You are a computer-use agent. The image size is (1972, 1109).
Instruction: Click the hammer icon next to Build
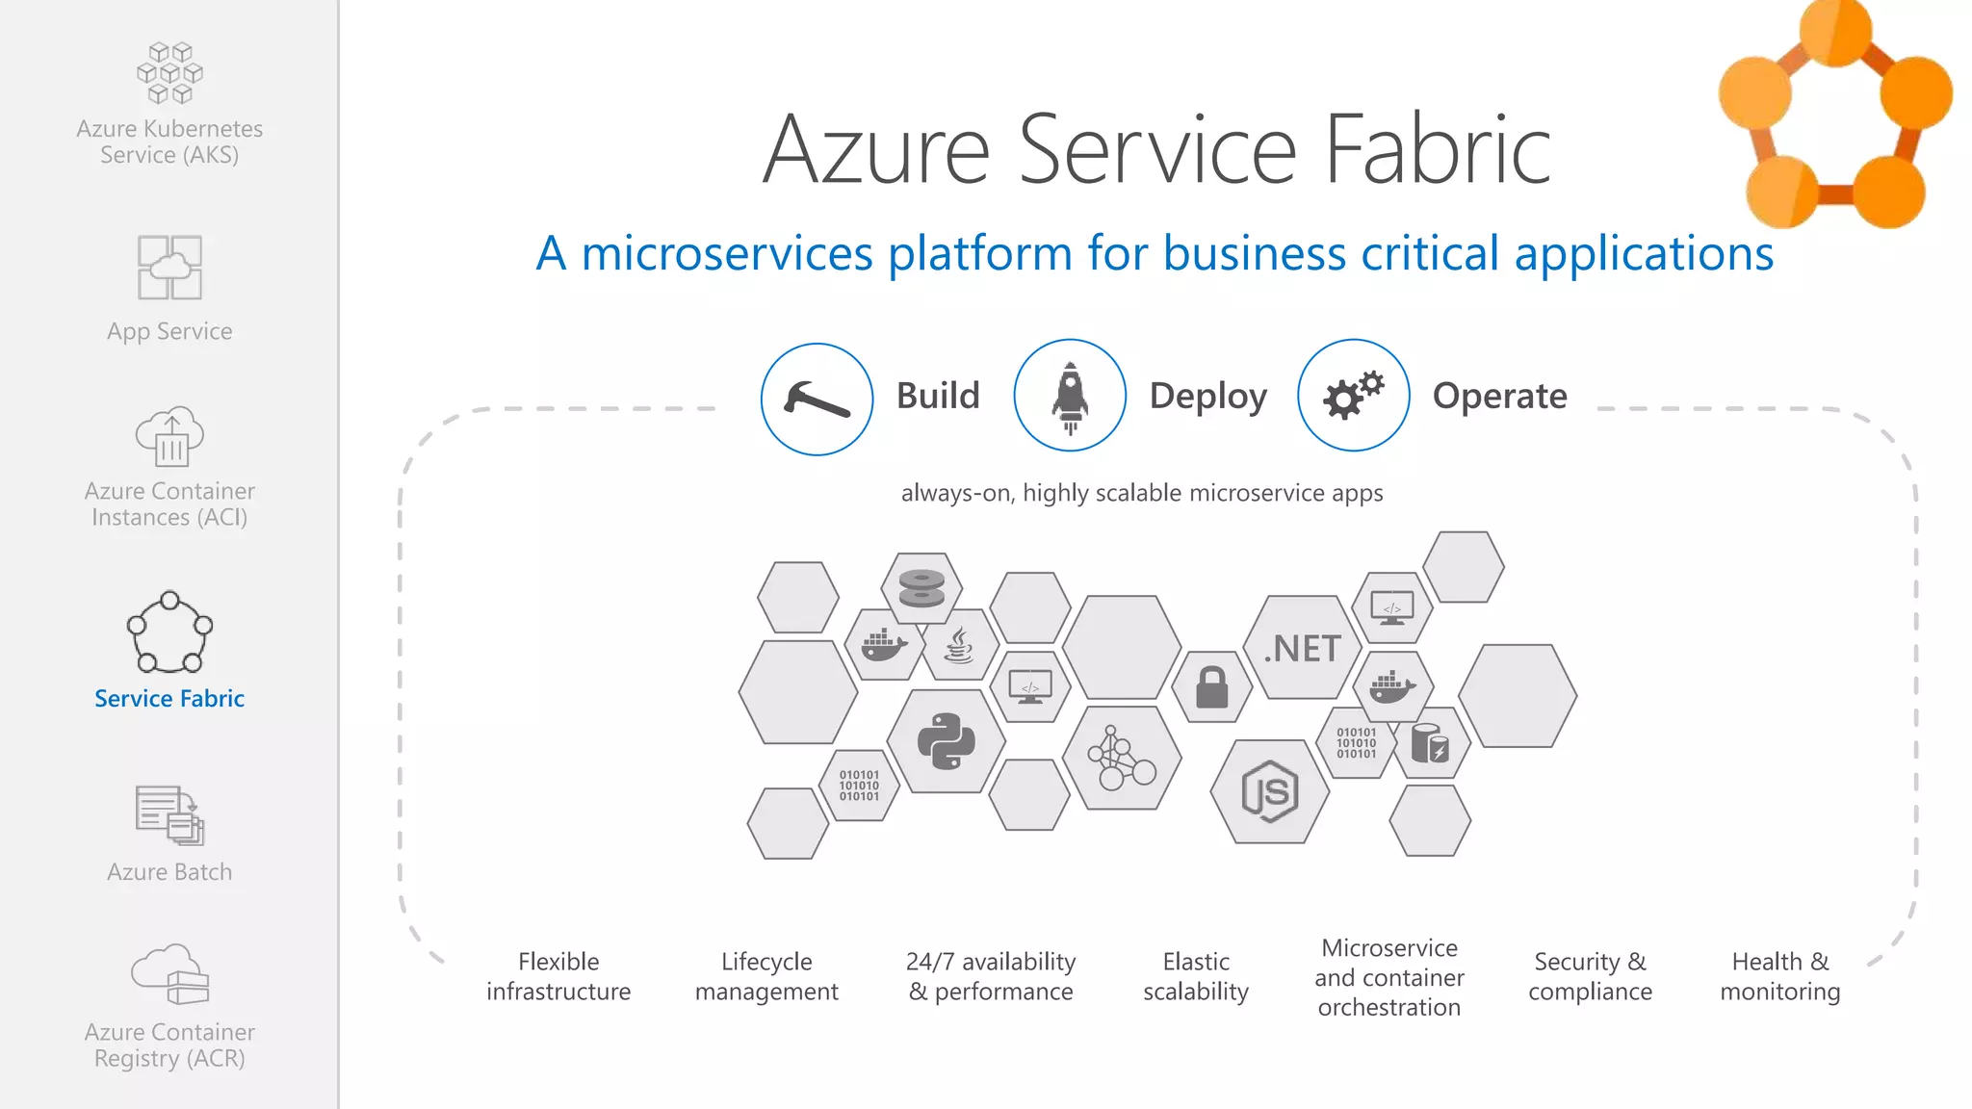(x=817, y=399)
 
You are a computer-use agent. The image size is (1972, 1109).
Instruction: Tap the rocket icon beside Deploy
(x=1070, y=395)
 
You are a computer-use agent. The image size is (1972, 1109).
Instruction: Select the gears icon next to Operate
(x=1353, y=395)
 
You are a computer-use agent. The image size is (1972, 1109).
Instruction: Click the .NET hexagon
(x=1302, y=648)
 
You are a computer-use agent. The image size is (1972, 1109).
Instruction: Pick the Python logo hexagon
(x=946, y=741)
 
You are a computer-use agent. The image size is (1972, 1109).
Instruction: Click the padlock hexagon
(x=1211, y=687)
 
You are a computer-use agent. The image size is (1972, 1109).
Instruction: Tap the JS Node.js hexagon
(x=1269, y=791)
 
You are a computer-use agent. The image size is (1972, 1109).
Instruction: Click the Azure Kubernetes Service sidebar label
(x=169, y=142)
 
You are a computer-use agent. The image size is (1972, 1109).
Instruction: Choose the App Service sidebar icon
(x=169, y=267)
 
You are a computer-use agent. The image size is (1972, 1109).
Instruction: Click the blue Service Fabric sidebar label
(x=169, y=698)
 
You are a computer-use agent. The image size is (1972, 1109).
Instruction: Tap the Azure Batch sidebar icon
(x=169, y=814)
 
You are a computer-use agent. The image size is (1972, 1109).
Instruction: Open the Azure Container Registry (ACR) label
(x=169, y=1045)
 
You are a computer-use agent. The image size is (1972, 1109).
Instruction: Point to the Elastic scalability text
(x=1195, y=976)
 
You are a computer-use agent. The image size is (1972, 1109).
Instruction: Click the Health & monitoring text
(x=1779, y=976)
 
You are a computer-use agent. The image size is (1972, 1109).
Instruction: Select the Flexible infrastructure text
(x=558, y=976)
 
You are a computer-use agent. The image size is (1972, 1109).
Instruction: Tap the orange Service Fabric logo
(x=1834, y=116)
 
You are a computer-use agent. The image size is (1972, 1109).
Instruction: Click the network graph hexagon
(x=1121, y=759)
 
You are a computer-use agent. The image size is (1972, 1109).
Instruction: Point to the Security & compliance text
(x=1590, y=976)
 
